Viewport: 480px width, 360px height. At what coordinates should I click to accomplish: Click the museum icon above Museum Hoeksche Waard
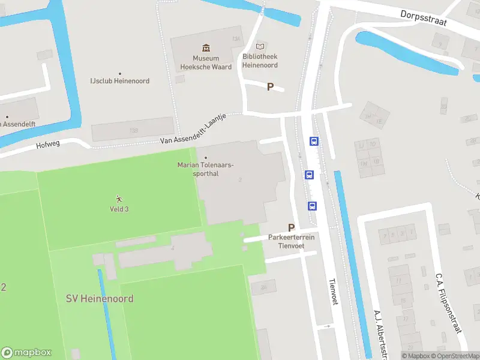pyautogui.click(x=206, y=47)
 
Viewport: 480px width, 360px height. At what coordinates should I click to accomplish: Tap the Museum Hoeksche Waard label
pyautogui.click(x=206, y=63)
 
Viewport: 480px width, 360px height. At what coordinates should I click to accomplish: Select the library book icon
pyautogui.click(x=260, y=46)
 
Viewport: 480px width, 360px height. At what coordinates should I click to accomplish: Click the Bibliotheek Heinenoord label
pyautogui.click(x=260, y=61)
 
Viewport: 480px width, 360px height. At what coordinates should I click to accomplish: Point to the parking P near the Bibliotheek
pyautogui.click(x=270, y=87)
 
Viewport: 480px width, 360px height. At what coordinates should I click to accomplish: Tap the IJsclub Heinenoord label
pyautogui.click(x=119, y=81)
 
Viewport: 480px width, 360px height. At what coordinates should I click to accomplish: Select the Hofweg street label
pyautogui.click(x=49, y=145)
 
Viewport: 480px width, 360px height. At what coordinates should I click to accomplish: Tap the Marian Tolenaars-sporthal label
pyautogui.click(x=206, y=169)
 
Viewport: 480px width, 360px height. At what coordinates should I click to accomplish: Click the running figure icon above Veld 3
pyautogui.click(x=119, y=199)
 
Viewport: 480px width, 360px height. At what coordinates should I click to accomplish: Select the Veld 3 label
pyautogui.click(x=119, y=209)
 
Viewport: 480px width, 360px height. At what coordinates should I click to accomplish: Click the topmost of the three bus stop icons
pyautogui.click(x=314, y=142)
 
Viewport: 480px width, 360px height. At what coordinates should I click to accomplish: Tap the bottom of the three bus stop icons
pyautogui.click(x=313, y=206)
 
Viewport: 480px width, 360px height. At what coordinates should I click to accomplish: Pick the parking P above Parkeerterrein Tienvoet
pyautogui.click(x=292, y=227)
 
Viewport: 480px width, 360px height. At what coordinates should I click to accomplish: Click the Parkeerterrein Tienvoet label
pyautogui.click(x=292, y=241)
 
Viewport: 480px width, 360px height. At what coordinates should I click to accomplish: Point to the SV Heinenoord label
pyautogui.click(x=100, y=298)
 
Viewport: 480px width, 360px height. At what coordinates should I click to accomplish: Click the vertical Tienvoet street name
pyautogui.click(x=333, y=292)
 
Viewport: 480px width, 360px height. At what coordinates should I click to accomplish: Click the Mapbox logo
pyautogui.click(x=26, y=353)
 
